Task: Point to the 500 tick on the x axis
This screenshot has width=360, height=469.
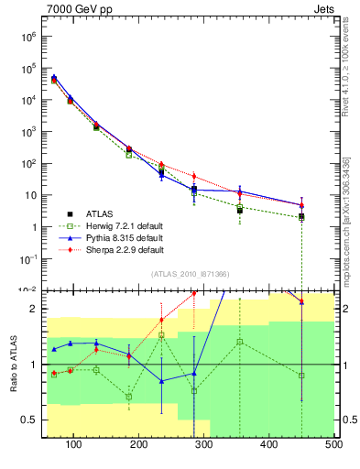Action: (x=334, y=445)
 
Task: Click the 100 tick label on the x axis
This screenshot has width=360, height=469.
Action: (x=74, y=445)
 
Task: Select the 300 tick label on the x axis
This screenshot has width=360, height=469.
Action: (x=204, y=445)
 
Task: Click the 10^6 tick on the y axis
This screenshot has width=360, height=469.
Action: (x=29, y=37)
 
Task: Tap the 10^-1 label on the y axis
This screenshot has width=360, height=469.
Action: (x=29, y=259)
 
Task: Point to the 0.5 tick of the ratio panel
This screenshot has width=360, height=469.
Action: (x=29, y=420)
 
